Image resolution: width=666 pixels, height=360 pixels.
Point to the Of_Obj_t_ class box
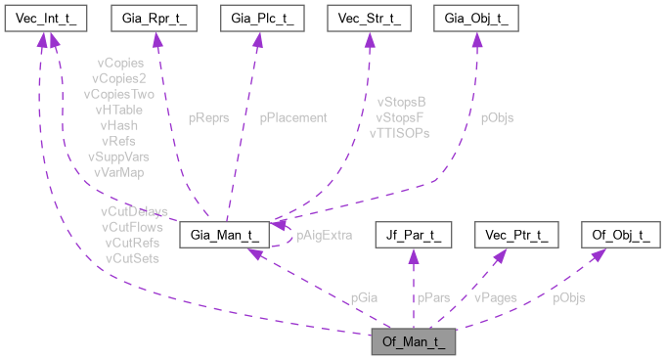620,236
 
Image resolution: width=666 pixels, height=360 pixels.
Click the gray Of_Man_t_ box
413,342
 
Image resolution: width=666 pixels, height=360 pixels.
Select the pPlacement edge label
292,117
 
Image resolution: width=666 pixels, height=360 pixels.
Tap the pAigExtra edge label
324,236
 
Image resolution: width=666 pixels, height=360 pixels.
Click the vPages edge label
496,297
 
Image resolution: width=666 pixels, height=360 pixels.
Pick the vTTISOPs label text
399,132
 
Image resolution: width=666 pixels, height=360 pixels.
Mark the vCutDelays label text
134,211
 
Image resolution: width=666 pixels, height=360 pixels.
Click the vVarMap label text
118,171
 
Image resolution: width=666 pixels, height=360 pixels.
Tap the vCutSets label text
132,258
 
